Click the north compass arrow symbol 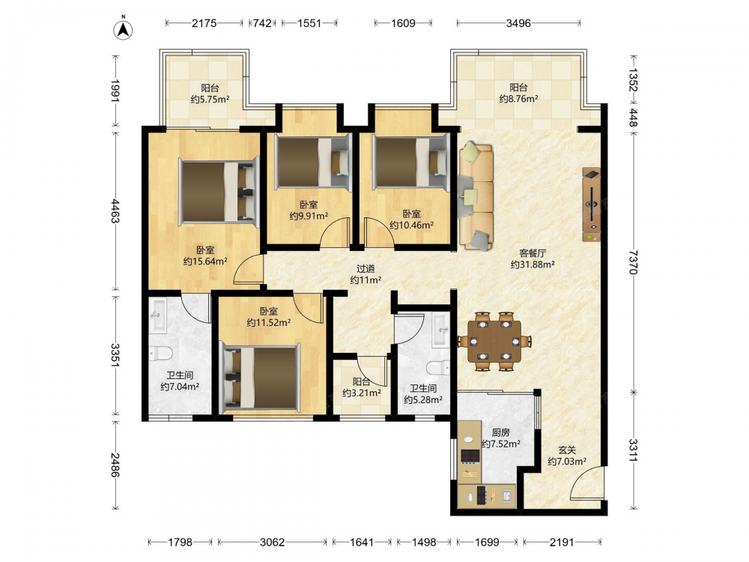[124, 29]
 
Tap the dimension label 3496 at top [518, 23]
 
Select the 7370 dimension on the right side [634, 262]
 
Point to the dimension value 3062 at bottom [272, 542]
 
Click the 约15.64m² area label [205, 262]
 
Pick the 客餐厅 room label [533, 253]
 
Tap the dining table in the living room [494, 341]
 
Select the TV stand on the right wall [592, 205]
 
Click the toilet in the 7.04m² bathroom [160, 354]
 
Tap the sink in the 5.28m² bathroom [440, 330]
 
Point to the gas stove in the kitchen [470, 456]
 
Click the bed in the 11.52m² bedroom [259, 378]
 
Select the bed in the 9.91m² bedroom [313, 162]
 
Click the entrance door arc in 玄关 [586, 483]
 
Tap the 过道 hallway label [366, 269]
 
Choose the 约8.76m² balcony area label [519, 99]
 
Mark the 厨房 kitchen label [500, 432]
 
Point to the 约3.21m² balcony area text [362, 393]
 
